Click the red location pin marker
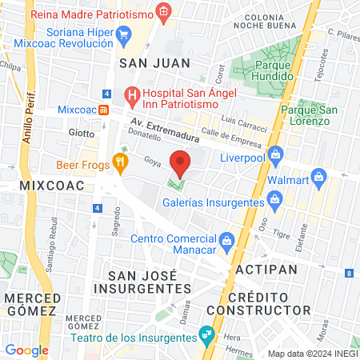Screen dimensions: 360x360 click(x=181, y=165)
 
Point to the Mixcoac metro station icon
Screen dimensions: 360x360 click(x=103, y=109)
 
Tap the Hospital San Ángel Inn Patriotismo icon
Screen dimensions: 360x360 click(x=134, y=94)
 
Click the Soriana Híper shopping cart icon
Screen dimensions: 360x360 click(x=123, y=34)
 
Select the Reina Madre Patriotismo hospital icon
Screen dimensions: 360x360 click(x=163, y=11)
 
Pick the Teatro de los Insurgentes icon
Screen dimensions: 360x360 click(x=207, y=332)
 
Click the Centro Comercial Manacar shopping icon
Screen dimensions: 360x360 click(x=226, y=239)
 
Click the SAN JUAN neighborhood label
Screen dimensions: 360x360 click(x=154, y=62)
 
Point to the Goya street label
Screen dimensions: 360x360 click(x=130, y=161)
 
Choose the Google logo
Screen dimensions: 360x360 click(x=27, y=350)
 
